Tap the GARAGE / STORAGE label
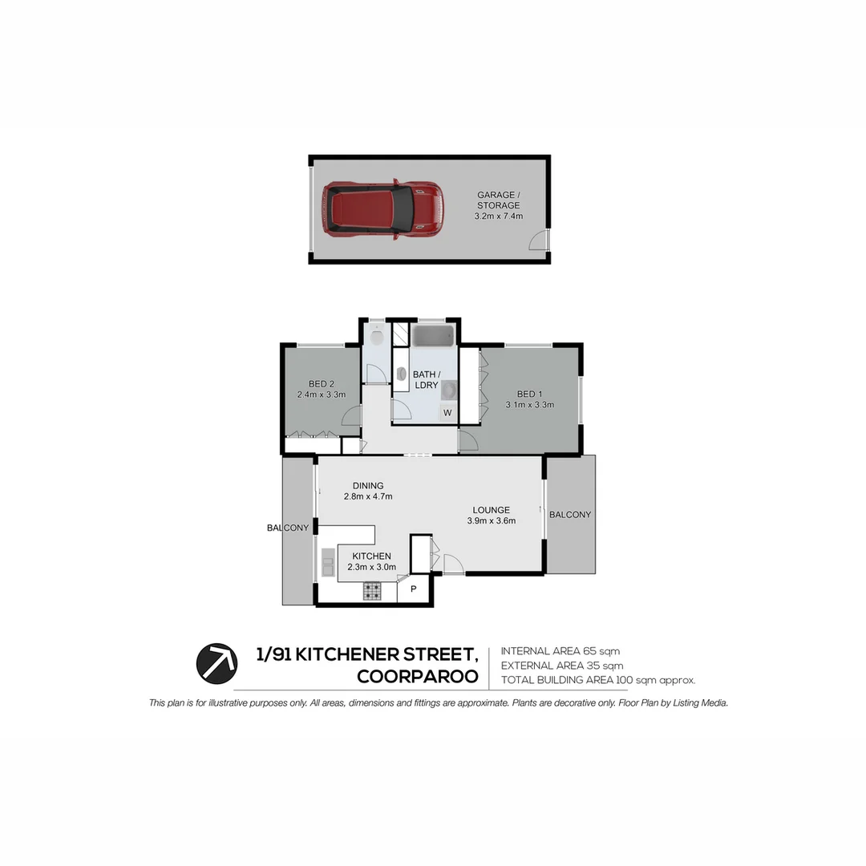click(498, 200)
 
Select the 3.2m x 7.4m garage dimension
click(498, 216)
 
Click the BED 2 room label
click(321, 383)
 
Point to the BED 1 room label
click(530, 394)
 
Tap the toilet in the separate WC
click(375, 335)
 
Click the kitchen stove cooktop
click(372, 592)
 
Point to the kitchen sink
click(327, 562)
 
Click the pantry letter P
click(414, 589)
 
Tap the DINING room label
click(368, 485)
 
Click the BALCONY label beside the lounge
click(570, 515)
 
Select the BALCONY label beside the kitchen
click(288, 528)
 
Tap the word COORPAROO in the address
click(417, 677)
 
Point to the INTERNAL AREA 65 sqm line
click(560, 651)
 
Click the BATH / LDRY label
click(426, 379)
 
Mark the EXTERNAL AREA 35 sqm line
click(561, 666)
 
